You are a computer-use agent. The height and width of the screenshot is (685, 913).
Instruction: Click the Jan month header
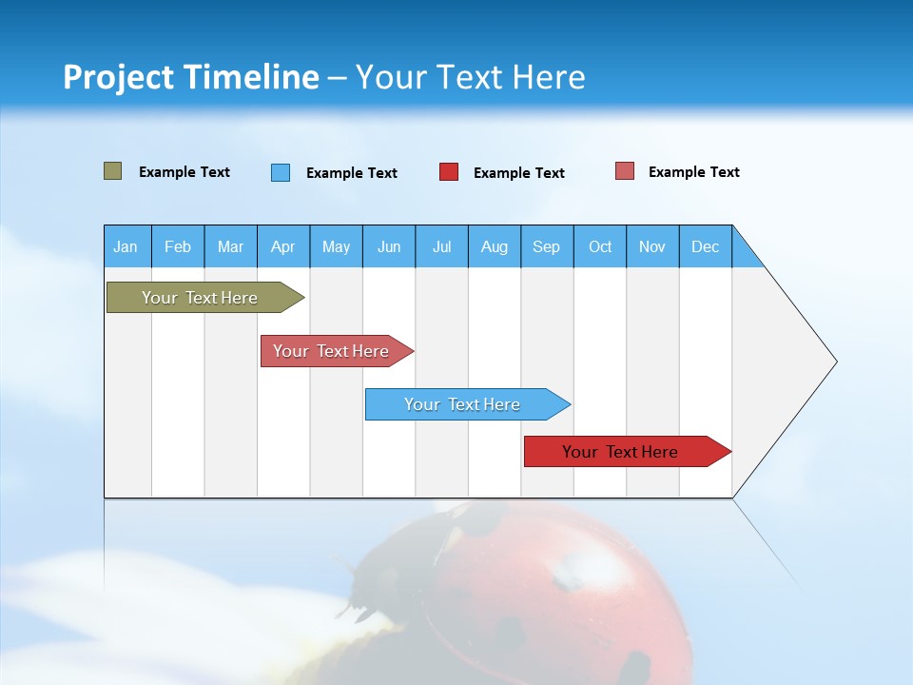[x=126, y=247]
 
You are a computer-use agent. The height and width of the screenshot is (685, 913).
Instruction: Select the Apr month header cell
[x=283, y=247]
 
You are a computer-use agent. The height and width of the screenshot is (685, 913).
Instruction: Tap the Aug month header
[x=495, y=247]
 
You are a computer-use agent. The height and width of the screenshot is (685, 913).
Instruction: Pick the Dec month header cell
[x=706, y=247]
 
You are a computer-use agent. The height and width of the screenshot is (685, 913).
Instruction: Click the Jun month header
[x=389, y=247]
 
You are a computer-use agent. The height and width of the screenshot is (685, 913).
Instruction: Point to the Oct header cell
[x=600, y=247]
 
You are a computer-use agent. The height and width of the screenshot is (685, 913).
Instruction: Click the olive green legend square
[x=113, y=171]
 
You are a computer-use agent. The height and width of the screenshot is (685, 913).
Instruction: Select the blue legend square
[x=281, y=172]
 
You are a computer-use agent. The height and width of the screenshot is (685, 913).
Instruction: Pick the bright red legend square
[x=449, y=172]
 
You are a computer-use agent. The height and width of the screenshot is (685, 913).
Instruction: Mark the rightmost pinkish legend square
[x=625, y=171]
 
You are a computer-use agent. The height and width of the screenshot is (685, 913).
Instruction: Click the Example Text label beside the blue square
[x=351, y=173]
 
